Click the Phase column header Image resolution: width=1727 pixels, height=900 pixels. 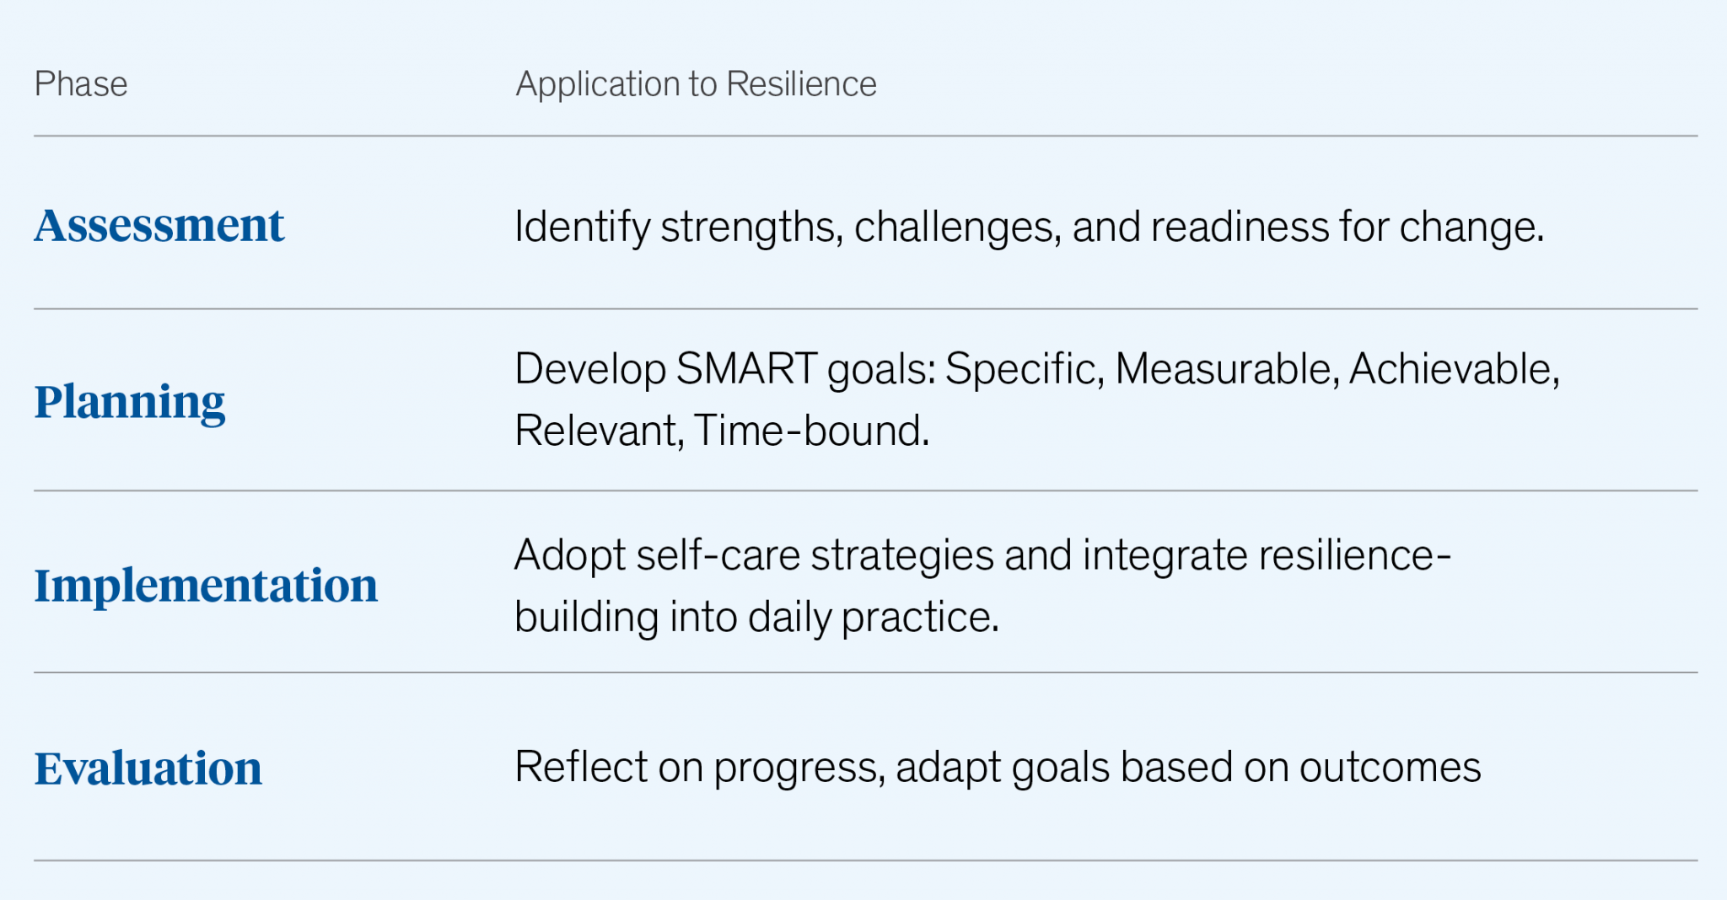[81, 84]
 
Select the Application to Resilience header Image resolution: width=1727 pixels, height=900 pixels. [696, 84]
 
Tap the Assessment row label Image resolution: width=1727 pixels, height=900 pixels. [159, 226]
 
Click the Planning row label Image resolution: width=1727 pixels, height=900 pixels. [130, 402]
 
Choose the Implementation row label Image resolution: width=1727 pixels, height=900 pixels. [206, 585]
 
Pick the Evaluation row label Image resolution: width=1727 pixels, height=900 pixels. [148, 769]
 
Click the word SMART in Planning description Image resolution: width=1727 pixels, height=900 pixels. [746, 369]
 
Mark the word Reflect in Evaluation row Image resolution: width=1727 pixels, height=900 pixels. [581, 768]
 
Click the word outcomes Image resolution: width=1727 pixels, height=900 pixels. [1390, 768]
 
